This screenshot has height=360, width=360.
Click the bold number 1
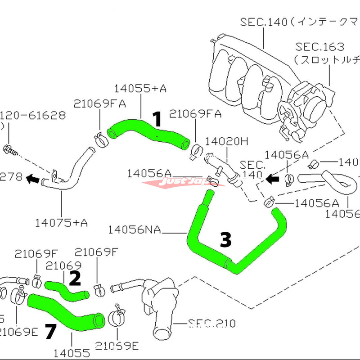157,120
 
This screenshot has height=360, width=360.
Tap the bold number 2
75,279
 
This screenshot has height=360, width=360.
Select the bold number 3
225,240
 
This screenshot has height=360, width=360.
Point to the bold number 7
51,333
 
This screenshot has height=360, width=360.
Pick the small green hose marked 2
67,290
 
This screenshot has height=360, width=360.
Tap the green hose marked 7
67,313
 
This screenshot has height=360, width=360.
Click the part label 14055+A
140,88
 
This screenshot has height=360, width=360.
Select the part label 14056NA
134,230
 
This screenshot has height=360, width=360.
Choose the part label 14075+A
61,222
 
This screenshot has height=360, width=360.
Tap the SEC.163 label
319,47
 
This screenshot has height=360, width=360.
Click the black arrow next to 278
32,180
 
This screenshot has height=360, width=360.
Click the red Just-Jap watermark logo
180,184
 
